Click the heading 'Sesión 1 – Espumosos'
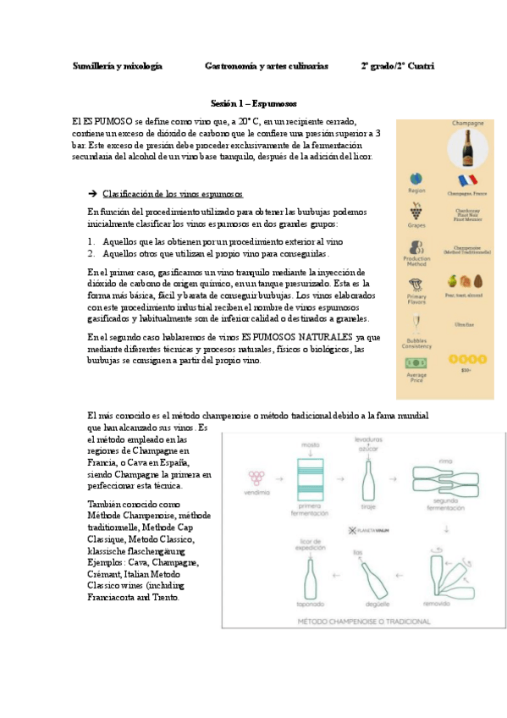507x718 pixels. click(254, 103)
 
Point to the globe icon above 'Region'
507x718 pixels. click(416, 179)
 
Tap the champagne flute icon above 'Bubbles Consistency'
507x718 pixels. click(416, 323)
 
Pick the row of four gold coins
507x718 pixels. click(463, 360)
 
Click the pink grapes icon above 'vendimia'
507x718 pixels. click(253, 477)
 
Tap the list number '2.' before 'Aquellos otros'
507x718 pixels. click(91, 253)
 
